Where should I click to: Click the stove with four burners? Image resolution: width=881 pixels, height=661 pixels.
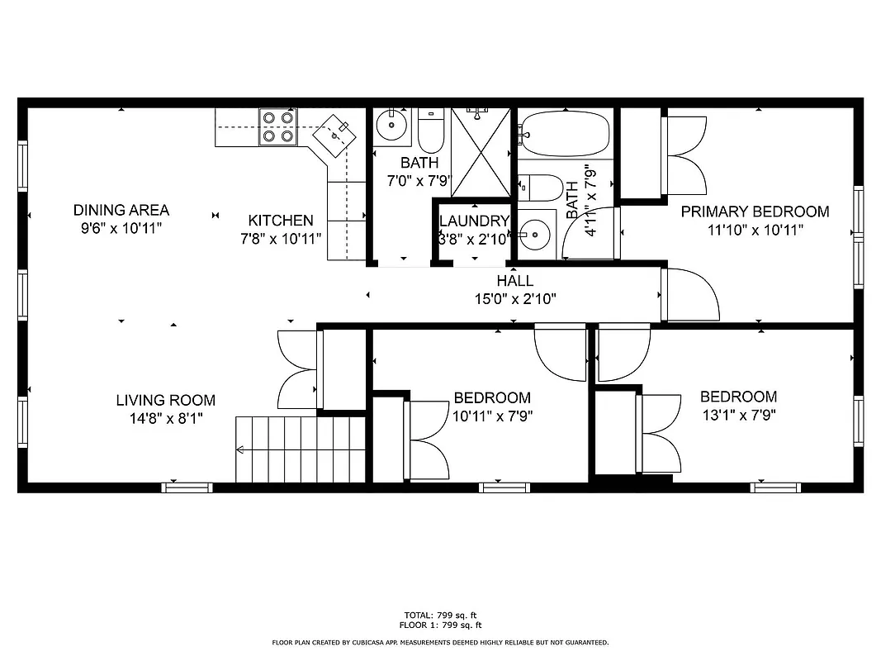coord(277,127)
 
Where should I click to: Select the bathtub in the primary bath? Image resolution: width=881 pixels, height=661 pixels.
coord(566,134)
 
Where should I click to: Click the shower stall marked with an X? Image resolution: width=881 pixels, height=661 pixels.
coord(481,152)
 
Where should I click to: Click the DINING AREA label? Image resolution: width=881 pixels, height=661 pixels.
coord(121,210)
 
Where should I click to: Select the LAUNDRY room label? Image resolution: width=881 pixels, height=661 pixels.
coord(473,221)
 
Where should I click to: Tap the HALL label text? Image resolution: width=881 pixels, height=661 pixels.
coord(514,281)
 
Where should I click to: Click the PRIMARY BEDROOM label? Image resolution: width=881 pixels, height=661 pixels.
coord(754,212)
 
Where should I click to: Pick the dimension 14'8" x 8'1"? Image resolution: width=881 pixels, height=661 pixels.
coord(165,418)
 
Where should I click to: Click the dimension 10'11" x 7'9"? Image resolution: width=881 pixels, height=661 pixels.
coord(491,416)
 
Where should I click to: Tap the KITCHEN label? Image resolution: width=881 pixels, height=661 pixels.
coord(281,221)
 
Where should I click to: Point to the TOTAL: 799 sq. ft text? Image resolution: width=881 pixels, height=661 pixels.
coord(440,615)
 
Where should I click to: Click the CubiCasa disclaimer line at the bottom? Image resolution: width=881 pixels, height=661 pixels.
coord(440,642)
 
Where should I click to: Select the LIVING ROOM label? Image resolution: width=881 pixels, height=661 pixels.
coord(165,401)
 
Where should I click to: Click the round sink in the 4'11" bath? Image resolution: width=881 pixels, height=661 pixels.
coord(535,235)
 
